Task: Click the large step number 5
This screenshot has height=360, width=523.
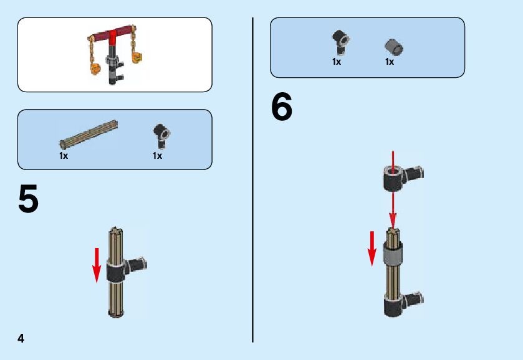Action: coord(28,199)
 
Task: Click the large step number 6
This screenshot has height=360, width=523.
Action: coord(282,107)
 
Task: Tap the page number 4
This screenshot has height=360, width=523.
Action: coord(21,338)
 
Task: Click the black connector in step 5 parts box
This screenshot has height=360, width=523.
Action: coord(161,136)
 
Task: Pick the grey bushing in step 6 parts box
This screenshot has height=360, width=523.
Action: coord(394,47)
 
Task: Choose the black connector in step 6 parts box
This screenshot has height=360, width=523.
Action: coord(340,42)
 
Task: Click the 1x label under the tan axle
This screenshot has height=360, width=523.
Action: coord(64,156)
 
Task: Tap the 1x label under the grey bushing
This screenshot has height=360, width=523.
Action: coord(389,62)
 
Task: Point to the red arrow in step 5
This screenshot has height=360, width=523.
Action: coord(97,265)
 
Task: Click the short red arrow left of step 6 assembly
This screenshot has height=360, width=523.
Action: coord(372,249)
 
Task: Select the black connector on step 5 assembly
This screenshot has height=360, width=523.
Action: coord(126,268)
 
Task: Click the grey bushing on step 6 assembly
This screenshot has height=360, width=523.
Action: coord(393,252)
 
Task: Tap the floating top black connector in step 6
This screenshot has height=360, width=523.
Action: coord(401,178)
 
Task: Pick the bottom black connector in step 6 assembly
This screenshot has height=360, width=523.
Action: coord(402,304)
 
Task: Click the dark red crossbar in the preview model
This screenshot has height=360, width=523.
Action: coord(111,34)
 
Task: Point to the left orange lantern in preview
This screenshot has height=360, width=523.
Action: coord(96,69)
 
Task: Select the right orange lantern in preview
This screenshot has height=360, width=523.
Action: coord(137,58)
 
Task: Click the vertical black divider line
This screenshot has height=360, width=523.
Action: coord(253,180)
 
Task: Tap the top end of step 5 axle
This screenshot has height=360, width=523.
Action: coord(115,229)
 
